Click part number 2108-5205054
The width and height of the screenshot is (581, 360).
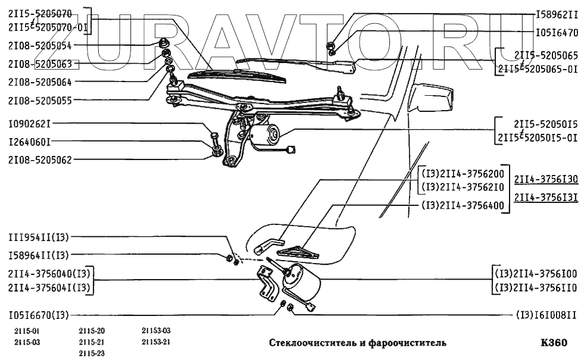coord(39,45)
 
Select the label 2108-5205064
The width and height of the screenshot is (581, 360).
coord(39,81)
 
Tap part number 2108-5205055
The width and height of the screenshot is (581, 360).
coord(39,101)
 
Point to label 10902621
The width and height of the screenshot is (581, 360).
coord(30,126)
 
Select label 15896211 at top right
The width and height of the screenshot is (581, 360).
coord(557,13)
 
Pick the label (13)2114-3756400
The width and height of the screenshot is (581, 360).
coord(463,206)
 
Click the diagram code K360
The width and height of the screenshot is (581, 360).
coord(554,343)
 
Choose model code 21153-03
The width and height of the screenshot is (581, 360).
coord(156,331)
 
